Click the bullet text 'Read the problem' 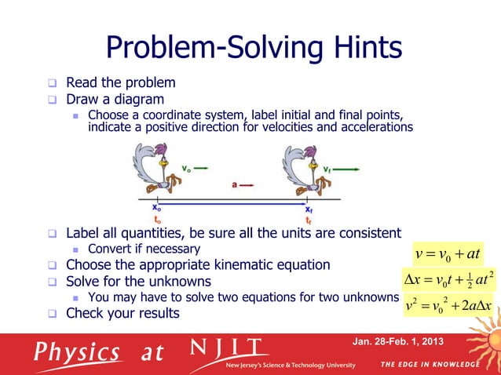click(120, 82)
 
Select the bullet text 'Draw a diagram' click(115, 100)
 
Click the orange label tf click(309, 220)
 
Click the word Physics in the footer click(77, 351)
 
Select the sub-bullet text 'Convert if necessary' click(144, 249)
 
